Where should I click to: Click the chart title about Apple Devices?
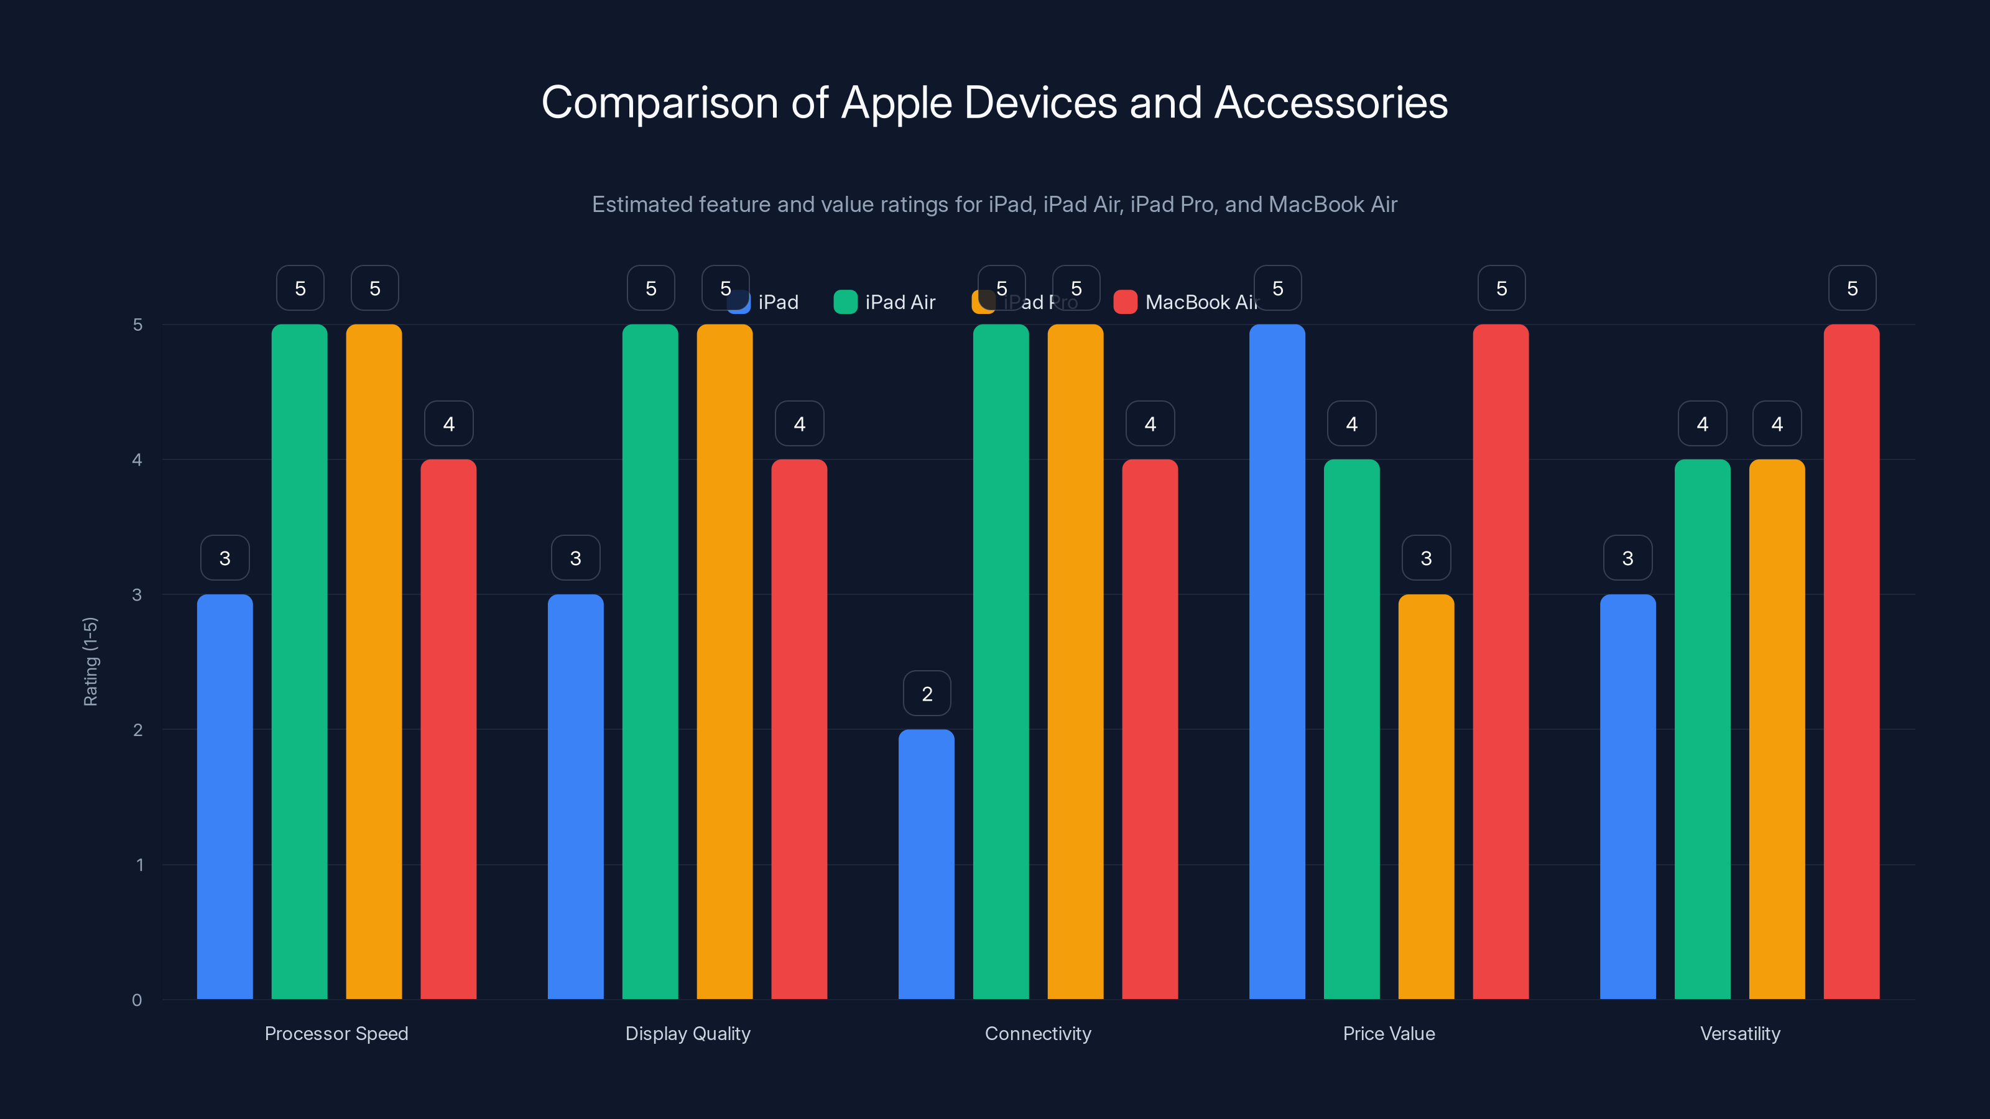[x=994, y=103]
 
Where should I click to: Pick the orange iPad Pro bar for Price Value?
[x=1425, y=796]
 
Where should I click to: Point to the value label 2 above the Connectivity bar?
[x=927, y=694]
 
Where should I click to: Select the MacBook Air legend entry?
[x=1186, y=302]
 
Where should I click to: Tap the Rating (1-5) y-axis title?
[x=90, y=661]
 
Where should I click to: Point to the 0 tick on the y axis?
[x=137, y=1000]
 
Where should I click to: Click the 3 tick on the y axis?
[x=137, y=595]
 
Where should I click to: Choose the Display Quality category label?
[x=688, y=1033]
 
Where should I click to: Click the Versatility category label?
[x=1740, y=1033]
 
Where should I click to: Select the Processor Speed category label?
[x=336, y=1033]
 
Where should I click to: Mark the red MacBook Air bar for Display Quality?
[x=798, y=729]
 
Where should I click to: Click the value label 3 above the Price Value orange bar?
[x=1426, y=558]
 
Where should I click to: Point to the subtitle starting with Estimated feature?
[x=994, y=204]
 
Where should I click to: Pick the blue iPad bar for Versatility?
[x=1627, y=796]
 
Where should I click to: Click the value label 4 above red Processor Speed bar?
[x=449, y=423]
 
